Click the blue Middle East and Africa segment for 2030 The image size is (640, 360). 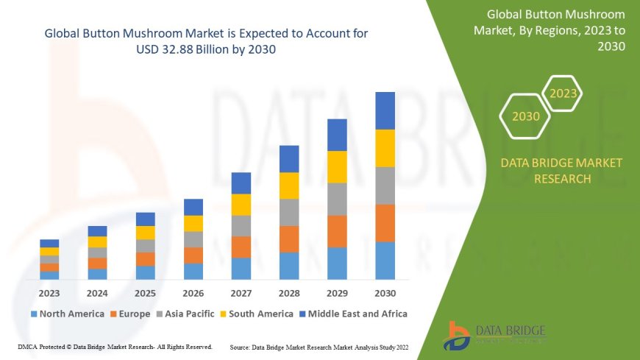[385, 110]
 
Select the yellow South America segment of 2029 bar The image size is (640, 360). [337, 166]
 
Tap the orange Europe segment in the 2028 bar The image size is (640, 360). [289, 239]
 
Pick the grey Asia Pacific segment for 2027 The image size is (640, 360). [241, 225]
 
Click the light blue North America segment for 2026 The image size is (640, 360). [193, 271]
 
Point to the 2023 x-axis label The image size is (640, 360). [49, 292]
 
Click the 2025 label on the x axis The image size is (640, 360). [145, 292]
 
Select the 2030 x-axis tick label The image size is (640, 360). [385, 292]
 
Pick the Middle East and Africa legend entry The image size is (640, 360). [356, 314]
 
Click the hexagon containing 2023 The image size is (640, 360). [563, 93]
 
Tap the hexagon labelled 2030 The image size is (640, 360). [525, 116]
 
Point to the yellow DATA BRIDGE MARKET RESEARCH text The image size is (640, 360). [561, 170]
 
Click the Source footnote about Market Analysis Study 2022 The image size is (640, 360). [319, 346]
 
